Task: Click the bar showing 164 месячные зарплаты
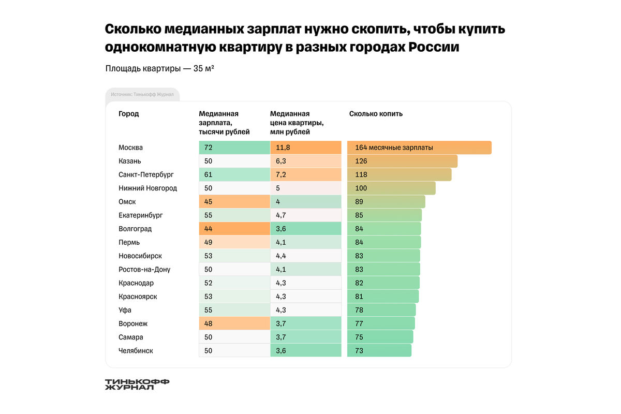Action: tap(419, 147)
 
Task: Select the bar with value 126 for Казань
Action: tap(402, 161)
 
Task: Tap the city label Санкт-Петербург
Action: tap(146, 175)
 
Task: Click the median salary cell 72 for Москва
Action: tap(234, 147)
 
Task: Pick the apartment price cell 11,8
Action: tap(305, 147)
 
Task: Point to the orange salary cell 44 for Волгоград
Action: tap(234, 229)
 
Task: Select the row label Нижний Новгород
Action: tap(147, 188)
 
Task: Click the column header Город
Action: tap(129, 114)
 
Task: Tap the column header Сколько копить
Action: tap(376, 114)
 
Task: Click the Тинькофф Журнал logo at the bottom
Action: tap(137, 384)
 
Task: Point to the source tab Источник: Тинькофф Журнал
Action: tap(142, 95)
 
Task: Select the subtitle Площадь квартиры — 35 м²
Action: tap(160, 69)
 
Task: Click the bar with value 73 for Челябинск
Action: tap(379, 350)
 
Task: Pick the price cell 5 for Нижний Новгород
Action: tap(305, 188)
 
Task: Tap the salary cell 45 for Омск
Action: tap(234, 202)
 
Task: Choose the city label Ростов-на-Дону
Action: tap(144, 270)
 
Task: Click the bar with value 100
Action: tap(391, 188)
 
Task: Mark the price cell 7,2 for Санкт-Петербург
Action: tap(305, 175)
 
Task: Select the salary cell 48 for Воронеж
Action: tap(234, 323)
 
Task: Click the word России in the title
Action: tap(434, 47)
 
